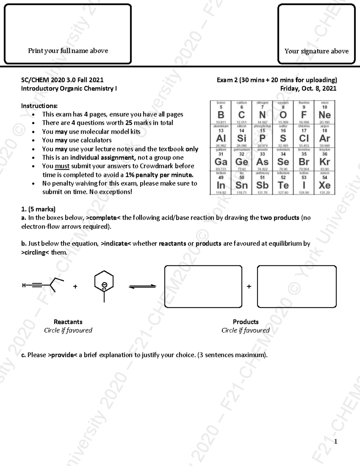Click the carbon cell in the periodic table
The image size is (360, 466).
point(241,113)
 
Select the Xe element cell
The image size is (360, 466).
point(325,183)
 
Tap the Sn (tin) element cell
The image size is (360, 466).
point(241,183)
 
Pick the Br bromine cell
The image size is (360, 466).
point(304,160)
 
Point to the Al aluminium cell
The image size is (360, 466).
point(221,136)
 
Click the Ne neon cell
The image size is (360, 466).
point(325,113)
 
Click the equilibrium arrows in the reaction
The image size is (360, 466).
point(142,287)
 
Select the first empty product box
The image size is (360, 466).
point(203,287)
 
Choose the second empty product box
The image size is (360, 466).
point(297,287)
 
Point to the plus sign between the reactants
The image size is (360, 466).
point(75,287)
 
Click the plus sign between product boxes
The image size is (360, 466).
point(249,287)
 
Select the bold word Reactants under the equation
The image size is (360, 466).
point(68,322)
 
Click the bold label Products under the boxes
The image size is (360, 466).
point(245,322)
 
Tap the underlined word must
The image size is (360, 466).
point(62,166)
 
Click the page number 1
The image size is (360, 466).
point(336,441)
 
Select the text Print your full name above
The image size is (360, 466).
point(68,51)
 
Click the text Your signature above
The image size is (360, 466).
point(316,51)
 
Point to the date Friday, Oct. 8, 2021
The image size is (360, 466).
point(308,89)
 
